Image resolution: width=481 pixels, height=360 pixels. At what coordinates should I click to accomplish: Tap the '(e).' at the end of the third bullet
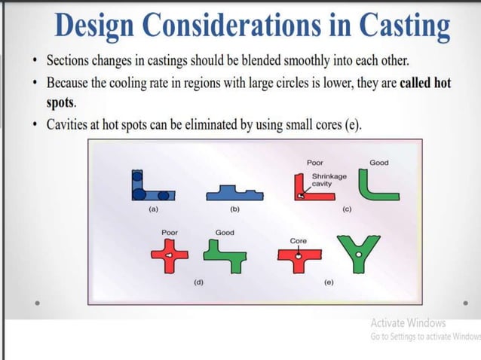pos(351,124)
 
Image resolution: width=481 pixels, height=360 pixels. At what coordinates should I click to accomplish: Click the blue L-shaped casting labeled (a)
pos(148,188)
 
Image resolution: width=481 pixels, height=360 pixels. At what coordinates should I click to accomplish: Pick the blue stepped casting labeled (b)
pos(234,192)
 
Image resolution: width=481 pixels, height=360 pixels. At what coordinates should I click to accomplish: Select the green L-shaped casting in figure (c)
pos(378,186)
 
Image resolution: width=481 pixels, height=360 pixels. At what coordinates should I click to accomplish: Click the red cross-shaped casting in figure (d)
pos(170,257)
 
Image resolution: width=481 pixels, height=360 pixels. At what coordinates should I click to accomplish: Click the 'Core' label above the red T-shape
pos(299,240)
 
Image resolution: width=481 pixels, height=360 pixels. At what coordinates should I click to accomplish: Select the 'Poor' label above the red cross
pos(170,233)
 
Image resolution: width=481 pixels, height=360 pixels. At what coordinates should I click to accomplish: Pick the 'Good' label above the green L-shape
pos(378,163)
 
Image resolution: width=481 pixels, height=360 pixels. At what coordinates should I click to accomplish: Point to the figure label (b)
pos(234,209)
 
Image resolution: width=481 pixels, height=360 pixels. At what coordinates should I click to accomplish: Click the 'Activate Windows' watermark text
pos(408,322)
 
